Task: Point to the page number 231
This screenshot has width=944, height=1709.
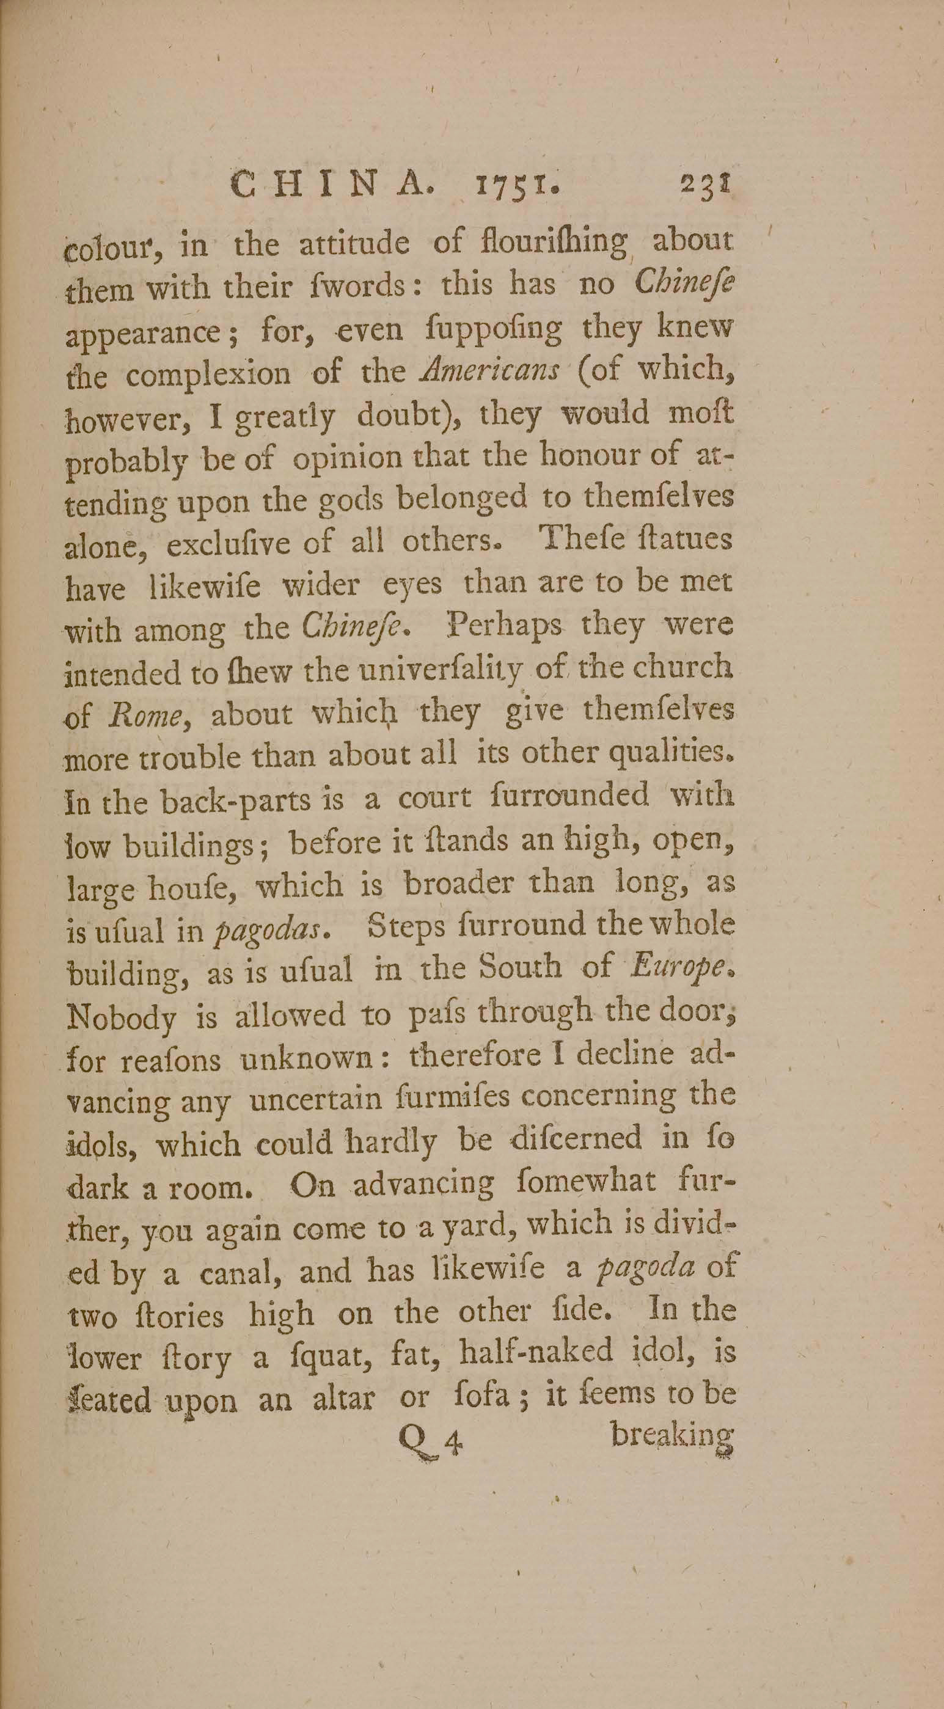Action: tap(706, 184)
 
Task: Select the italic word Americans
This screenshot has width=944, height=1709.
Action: tap(490, 371)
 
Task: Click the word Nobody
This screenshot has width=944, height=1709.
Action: tap(121, 1015)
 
